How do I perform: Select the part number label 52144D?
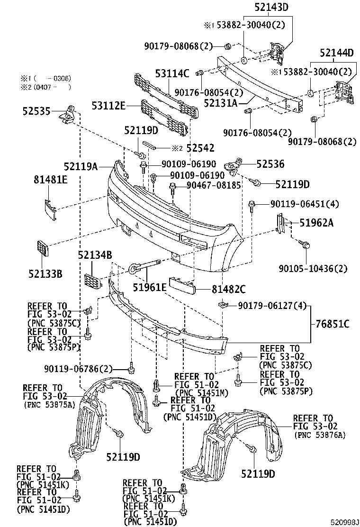[336, 53]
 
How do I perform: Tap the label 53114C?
[172, 73]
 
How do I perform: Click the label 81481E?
[50, 180]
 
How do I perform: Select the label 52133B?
[45, 274]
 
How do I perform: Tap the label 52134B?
[95, 256]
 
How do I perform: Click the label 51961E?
[149, 287]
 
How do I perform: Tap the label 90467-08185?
[213, 186]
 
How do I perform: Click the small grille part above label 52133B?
[42, 249]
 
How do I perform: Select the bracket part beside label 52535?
[66, 114]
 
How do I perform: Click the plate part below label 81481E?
[51, 209]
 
